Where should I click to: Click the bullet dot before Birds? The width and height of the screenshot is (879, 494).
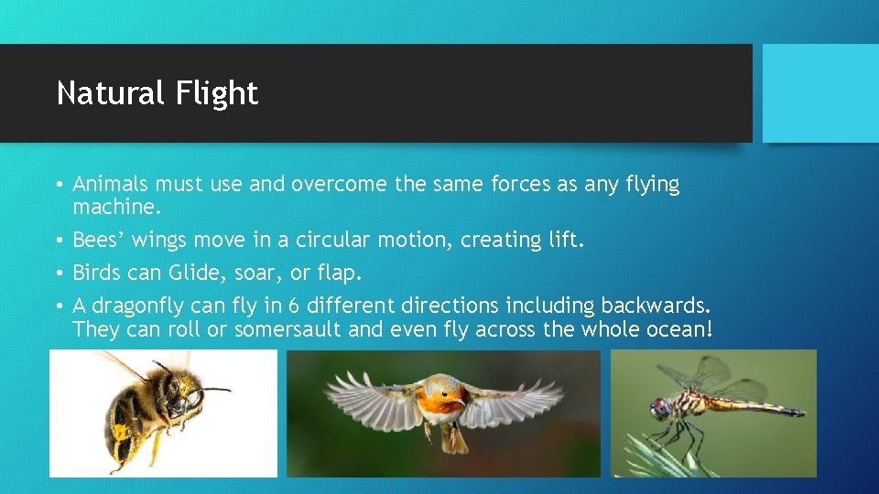(x=58, y=274)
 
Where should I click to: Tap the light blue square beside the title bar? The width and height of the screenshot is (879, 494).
(x=820, y=93)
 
